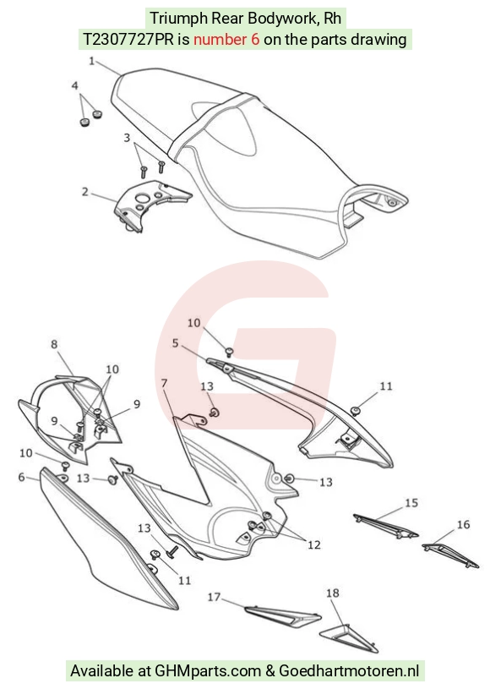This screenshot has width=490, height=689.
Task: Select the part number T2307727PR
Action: (129, 40)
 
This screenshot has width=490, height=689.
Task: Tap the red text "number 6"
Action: (226, 40)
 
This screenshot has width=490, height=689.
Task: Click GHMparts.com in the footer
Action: (208, 671)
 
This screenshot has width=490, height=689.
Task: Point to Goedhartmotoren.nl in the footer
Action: (349, 671)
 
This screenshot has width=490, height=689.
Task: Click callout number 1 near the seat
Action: (92, 61)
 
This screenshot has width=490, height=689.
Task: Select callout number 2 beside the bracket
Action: (84, 192)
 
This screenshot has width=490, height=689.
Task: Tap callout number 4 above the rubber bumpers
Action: (74, 85)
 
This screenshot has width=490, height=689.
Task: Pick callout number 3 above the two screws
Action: (127, 138)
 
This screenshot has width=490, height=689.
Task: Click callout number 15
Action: (411, 502)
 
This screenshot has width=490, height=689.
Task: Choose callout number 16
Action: (463, 524)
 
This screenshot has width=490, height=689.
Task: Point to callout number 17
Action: (214, 597)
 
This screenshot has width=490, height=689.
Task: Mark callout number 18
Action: (332, 593)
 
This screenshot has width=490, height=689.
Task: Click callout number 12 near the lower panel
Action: (314, 545)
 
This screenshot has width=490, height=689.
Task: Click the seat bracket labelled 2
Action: (150, 205)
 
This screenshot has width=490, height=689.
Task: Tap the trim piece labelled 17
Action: (282, 615)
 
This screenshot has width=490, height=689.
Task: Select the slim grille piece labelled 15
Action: (385, 526)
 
